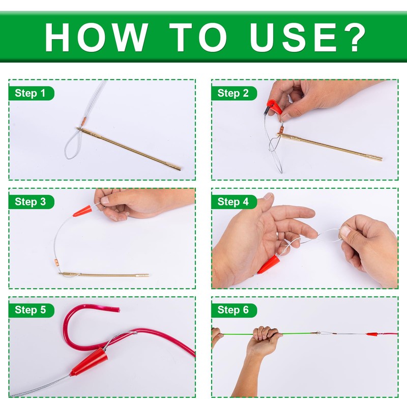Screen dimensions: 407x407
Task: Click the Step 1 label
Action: click(x=31, y=93)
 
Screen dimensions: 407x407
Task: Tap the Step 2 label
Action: click(x=233, y=93)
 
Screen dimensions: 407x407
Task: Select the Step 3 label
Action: click(x=31, y=201)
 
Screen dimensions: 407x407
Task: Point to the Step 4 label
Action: click(x=233, y=201)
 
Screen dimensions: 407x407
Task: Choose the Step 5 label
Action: click(x=31, y=310)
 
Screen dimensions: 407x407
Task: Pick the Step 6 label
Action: click(x=233, y=310)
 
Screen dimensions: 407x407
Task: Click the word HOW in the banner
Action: click(x=96, y=37)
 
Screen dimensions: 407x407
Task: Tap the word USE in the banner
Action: click(x=293, y=37)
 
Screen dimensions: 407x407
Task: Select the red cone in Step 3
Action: click(x=82, y=211)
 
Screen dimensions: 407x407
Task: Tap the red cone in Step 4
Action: click(x=269, y=265)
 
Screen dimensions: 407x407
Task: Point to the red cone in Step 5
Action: click(x=89, y=362)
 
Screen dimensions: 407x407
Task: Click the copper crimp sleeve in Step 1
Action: click(x=83, y=122)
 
